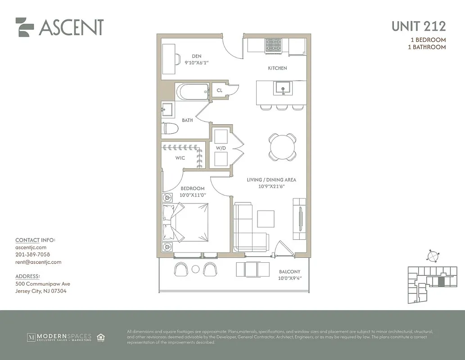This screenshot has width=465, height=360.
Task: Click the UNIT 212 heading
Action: click(418, 26)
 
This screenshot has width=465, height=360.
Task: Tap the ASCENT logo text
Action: click(71, 27)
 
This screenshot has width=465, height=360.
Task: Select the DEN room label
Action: click(196, 56)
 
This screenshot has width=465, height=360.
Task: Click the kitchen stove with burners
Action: click(273, 45)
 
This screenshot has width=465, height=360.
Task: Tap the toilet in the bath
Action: click(170, 129)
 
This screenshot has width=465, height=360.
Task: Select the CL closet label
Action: click(220, 90)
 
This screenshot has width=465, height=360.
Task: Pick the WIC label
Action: click(180, 158)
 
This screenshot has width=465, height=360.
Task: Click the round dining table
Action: click(283, 147)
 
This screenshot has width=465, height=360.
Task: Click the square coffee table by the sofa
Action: click(265, 219)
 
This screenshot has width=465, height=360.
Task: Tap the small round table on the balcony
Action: click(195, 269)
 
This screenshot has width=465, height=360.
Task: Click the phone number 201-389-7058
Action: click(32, 255)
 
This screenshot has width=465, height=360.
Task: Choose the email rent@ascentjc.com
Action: click(38, 262)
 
